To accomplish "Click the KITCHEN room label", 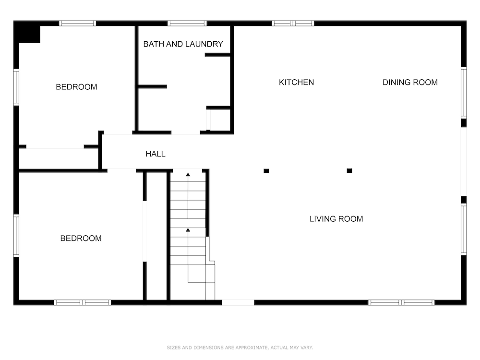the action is [296, 83].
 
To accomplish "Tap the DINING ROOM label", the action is [410, 83].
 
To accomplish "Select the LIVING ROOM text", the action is [336, 219].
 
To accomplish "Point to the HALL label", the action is [156, 154].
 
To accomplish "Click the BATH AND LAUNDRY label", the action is [183, 44].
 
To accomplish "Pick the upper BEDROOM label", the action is [76, 87].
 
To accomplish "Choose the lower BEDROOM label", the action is [81, 239].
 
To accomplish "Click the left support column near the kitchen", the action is [266, 171].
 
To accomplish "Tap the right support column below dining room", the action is [349, 170].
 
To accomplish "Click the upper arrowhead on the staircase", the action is [188, 175].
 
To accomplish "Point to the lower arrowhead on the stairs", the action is [188, 229].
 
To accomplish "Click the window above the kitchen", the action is [293, 23].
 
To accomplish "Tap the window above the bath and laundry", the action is [187, 23].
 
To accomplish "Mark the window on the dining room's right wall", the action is [464, 93].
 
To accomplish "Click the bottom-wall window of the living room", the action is [401, 303].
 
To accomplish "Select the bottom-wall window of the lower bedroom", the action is [83, 303].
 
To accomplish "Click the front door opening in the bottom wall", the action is [238, 303].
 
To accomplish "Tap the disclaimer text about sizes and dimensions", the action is [240, 348].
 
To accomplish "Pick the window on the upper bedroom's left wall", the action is [16, 87].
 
